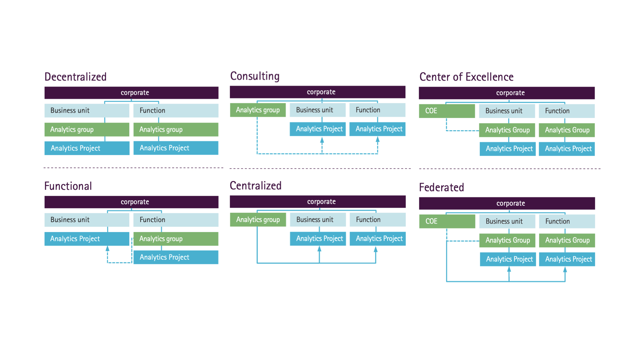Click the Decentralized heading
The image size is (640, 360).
click(x=75, y=77)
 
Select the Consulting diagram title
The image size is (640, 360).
click(x=255, y=76)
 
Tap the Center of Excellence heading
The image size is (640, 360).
click(x=466, y=77)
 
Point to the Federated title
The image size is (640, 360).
click(x=441, y=187)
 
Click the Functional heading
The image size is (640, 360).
click(x=68, y=186)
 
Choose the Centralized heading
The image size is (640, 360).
click(x=256, y=186)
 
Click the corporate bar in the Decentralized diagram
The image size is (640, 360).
click(x=131, y=93)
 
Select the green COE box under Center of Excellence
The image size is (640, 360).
click(x=447, y=111)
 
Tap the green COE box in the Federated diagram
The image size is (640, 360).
click(x=447, y=221)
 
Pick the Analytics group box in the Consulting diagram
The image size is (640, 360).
click(x=258, y=110)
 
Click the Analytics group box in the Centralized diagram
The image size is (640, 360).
click(x=258, y=220)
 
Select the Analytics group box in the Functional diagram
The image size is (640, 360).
click(x=176, y=239)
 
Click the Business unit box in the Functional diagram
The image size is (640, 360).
click(x=87, y=220)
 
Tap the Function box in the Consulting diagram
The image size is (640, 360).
click(x=377, y=110)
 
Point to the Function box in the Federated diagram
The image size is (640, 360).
click(x=567, y=221)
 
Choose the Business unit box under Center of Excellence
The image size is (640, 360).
click(x=507, y=111)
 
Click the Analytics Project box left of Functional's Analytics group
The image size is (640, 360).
click(x=87, y=239)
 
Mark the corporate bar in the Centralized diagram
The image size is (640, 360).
click(x=318, y=202)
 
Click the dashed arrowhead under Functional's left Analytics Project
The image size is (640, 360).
click(x=107, y=248)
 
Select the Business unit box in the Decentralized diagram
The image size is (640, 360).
click(x=87, y=110)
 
